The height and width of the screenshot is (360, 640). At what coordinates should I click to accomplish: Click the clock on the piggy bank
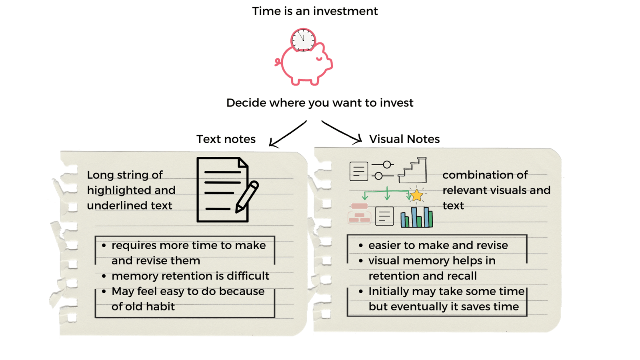point(303,40)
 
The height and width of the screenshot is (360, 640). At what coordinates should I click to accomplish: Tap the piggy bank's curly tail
point(278,62)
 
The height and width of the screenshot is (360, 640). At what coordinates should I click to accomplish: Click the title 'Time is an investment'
point(315,11)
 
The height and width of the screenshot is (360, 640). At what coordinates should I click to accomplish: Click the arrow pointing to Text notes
point(287,134)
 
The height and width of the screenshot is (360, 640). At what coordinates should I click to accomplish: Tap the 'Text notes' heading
point(226,139)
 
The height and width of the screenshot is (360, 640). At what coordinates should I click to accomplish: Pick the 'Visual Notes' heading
point(404,139)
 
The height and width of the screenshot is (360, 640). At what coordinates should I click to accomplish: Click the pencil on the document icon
point(247,196)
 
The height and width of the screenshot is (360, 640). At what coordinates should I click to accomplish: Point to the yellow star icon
point(417,195)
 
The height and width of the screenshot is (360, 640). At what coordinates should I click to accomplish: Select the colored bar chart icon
point(416,217)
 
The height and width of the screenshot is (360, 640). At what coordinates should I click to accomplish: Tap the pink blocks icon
point(359,213)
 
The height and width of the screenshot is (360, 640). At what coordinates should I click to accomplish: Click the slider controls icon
point(383,170)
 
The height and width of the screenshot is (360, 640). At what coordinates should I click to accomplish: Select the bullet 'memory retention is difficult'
point(190,276)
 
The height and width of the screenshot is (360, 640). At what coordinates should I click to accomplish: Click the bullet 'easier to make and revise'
point(438,245)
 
